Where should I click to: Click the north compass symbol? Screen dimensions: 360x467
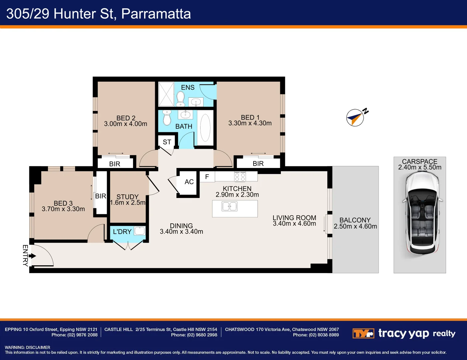(x=355, y=118)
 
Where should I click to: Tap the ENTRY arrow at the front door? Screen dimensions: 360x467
(x=32, y=256)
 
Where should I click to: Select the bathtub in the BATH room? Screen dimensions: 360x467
(x=205, y=128)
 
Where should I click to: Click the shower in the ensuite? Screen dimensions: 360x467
(x=166, y=94)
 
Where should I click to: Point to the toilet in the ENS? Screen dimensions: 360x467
(x=180, y=99)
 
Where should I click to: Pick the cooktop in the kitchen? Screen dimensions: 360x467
(x=240, y=177)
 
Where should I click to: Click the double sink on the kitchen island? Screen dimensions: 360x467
(x=229, y=206)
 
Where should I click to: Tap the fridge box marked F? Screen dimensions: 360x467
(x=207, y=177)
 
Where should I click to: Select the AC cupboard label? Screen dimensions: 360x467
(x=189, y=182)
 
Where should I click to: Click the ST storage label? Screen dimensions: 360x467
(x=167, y=142)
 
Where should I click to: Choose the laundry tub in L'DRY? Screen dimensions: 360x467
(x=140, y=231)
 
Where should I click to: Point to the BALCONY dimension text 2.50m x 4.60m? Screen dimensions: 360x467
(x=355, y=227)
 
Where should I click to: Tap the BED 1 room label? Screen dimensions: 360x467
(x=250, y=117)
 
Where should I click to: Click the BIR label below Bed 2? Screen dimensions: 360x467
(x=115, y=164)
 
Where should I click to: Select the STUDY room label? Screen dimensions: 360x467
(x=127, y=197)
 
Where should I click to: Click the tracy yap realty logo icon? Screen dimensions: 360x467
(x=363, y=333)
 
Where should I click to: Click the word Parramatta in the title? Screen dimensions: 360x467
(x=156, y=14)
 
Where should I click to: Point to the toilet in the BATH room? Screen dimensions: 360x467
(x=167, y=117)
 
